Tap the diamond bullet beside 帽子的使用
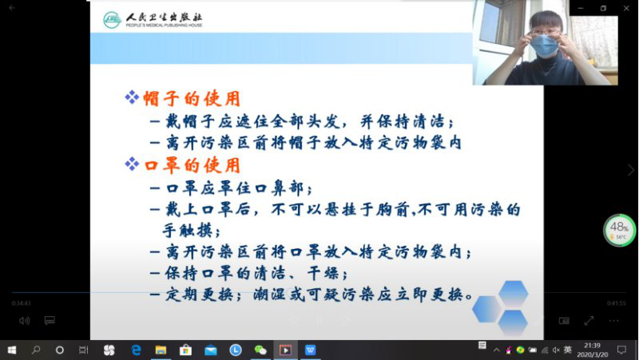point(132,97)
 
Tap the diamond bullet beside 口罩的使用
point(132,164)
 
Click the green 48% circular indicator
point(619,230)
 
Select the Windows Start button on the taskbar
point(12,350)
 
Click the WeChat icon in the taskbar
point(260,350)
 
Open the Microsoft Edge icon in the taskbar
point(136,350)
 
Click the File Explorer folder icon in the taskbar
point(161,350)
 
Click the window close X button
point(625,8)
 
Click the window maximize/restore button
point(603,8)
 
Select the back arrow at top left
point(12,8)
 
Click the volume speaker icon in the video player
point(24,320)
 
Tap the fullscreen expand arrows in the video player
point(589,320)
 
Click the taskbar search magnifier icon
point(36,350)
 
